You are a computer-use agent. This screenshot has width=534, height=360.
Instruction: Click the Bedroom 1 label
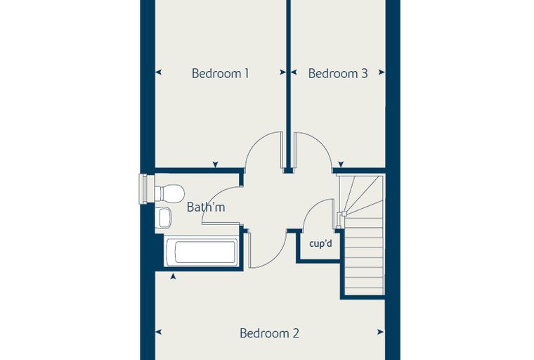coord(221,73)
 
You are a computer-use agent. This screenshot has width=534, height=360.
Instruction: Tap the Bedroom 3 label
coord(338,73)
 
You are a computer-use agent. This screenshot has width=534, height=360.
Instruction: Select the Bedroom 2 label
coord(269,333)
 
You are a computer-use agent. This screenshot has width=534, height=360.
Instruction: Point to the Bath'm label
coord(206,207)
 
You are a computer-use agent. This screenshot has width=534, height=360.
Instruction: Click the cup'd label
coord(321,244)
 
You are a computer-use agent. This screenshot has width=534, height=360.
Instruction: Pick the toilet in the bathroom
coord(169,193)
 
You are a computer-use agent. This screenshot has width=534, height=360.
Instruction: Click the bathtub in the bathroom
coord(201,252)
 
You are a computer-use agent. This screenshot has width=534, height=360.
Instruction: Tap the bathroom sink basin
coord(164,217)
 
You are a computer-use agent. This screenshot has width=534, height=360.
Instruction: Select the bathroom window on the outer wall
coord(143,189)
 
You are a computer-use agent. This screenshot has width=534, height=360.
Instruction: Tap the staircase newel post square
coord(344,214)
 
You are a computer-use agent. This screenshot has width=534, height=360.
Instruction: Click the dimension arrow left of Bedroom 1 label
coord(158,72)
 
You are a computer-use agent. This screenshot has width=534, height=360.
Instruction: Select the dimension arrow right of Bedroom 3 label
coord(382,72)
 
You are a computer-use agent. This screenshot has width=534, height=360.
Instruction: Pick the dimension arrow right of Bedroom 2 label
coord(380,332)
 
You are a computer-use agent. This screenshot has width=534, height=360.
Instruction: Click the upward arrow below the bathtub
coord(173,276)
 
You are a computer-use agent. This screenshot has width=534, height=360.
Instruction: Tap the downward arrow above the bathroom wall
coord(215,165)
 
